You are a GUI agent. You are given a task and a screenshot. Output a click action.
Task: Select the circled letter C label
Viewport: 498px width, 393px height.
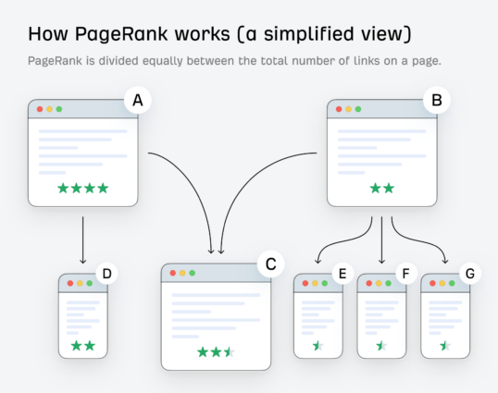coord(270,265)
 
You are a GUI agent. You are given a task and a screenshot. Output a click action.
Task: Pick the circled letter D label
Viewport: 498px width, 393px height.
coord(106,274)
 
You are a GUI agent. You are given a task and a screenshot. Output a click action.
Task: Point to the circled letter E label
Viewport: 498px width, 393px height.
coord(342,274)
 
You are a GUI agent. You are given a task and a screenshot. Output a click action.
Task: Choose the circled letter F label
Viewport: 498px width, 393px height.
coord(405,274)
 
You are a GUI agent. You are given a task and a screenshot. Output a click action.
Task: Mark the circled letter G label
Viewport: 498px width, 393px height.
coord(469,274)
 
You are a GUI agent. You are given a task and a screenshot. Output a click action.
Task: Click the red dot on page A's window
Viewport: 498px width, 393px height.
coord(40,109)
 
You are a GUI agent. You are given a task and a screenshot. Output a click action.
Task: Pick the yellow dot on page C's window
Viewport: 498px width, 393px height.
coord(182,274)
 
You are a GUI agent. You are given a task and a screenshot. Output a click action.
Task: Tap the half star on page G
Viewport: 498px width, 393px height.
coord(444,346)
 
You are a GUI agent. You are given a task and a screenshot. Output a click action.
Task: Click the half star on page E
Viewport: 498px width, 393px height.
coord(317,346)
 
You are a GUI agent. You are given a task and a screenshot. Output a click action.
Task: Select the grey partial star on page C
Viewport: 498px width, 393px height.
coord(230,352)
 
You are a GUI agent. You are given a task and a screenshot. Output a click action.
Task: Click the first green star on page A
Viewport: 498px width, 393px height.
coord(63,188)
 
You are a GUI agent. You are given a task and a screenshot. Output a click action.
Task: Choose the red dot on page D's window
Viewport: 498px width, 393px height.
coord(68,283)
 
